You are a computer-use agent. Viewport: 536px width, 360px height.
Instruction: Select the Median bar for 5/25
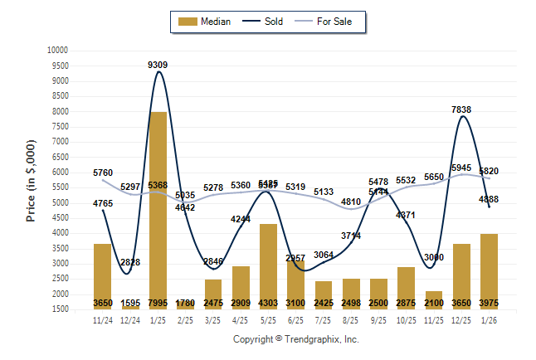(x=268, y=266)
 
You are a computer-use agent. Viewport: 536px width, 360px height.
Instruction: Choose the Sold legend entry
(x=263, y=22)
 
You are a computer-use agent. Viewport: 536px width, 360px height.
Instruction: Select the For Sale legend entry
(x=330, y=22)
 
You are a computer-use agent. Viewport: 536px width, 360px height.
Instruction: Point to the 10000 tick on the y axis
(x=56, y=51)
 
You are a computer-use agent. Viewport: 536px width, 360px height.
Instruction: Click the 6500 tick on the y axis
(x=58, y=157)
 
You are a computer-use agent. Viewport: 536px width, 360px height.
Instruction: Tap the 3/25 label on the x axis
(x=213, y=320)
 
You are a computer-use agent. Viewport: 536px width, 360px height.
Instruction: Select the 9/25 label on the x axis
(x=378, y=320)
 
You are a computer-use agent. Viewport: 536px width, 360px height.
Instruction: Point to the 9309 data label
(x=158, y=65)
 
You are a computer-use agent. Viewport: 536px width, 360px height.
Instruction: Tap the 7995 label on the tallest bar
(x=158, y=302)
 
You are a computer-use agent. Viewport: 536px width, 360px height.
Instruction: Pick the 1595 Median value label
(x=130, y=302)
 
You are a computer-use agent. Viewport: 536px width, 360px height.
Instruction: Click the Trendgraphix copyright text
(x=295, y=339)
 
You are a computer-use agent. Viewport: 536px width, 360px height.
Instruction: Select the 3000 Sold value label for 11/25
(x=434, y=257)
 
